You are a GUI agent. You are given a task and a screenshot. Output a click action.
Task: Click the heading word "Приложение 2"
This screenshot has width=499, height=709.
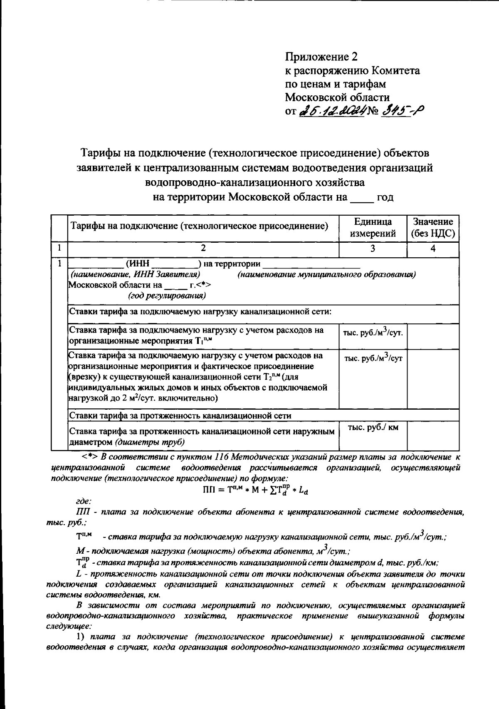pos(321,56)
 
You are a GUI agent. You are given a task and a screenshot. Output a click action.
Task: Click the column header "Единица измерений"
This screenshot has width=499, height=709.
pos(373,227)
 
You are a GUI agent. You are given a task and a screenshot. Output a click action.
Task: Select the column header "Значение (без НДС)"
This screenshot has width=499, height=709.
pos(432,227)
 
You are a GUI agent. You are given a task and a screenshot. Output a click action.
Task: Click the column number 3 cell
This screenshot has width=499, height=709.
pos(373,249)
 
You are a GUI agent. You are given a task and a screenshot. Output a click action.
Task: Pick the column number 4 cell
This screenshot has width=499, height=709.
pos(433,249)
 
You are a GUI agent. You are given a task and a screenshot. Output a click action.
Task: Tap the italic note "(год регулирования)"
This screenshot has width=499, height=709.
pos(166,296)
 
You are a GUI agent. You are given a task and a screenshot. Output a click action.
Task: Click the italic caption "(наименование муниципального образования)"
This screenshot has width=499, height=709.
pos(326,274)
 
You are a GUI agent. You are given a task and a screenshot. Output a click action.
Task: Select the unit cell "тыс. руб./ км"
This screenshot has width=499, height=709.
pos(373,428)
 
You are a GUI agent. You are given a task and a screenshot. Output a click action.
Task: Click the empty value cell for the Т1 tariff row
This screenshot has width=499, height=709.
pos(433,336)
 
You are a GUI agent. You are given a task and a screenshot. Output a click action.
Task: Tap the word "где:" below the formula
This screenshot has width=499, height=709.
pos(84,503)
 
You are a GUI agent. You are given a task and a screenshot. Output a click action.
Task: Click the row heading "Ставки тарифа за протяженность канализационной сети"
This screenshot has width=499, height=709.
pos(180,415)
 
